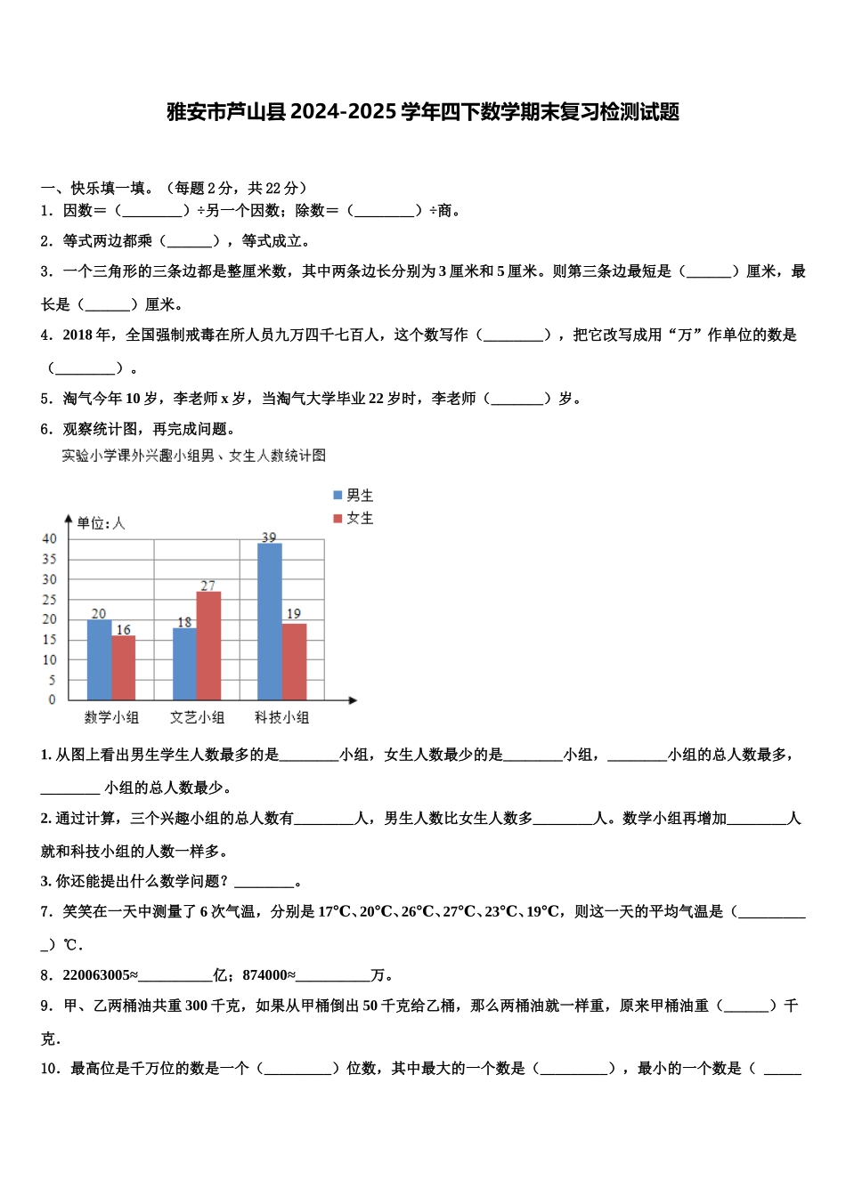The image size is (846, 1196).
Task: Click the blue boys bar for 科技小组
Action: (269, 621)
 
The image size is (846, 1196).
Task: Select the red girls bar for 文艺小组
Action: (208, 645)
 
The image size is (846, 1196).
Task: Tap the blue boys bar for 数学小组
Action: (99, 659)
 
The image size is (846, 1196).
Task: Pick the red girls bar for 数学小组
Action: (124, 667)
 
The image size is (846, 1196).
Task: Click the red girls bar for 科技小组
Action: (294, 661)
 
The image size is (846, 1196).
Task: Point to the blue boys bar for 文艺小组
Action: (184, 664)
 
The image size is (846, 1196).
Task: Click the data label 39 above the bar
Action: (269, 537)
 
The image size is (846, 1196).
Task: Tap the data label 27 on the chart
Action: (207, 586)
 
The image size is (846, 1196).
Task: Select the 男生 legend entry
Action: (354, 496)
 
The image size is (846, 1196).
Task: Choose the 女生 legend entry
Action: (354, 518)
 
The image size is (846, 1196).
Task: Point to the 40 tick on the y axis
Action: (49, 538)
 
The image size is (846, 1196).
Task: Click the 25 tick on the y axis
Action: (49, 600)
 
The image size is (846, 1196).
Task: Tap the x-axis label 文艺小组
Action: (197, 717)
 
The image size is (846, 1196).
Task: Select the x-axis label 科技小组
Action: (281, 717)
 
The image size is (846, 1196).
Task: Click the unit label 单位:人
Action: (101, 523)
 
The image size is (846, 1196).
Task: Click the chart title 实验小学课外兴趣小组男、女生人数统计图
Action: (193, 456)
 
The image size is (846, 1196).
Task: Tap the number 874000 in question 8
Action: (264, 975)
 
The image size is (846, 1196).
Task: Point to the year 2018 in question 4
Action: (77, 335)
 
